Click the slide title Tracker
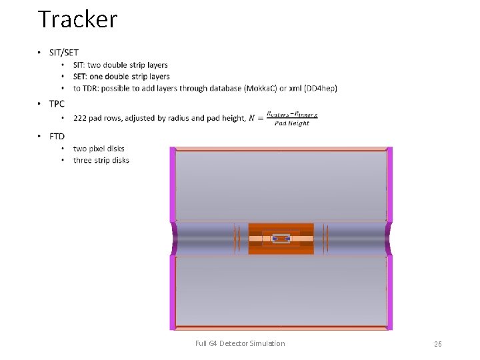(77, 19)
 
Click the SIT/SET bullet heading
(64, 53)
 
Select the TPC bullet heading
(57, 103)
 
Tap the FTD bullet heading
(57, 137)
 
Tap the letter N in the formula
(252, 118)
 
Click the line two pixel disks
(99, 149)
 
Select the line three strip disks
(101, 161)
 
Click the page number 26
(438, 344)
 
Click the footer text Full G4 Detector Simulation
(240, 344)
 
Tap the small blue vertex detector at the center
(281, 239)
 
